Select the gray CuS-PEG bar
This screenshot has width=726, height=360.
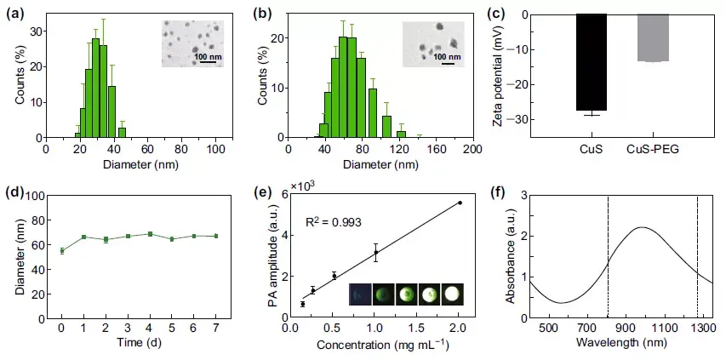(653, 37)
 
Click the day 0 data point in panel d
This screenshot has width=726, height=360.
(61, 250)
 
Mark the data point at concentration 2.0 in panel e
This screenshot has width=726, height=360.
(460, 203)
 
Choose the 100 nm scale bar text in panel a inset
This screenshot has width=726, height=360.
(210, 57)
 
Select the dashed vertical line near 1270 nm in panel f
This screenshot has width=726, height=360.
(697, 255)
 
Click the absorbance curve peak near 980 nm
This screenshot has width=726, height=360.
(642, 227)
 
